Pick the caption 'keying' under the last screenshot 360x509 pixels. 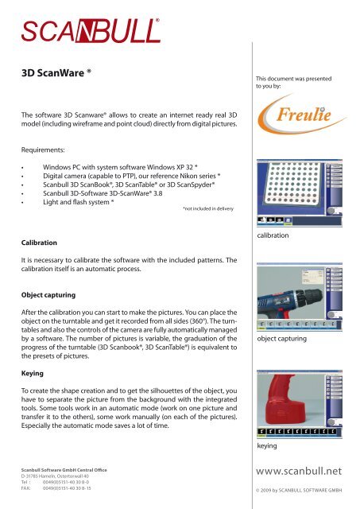pos(266,446)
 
